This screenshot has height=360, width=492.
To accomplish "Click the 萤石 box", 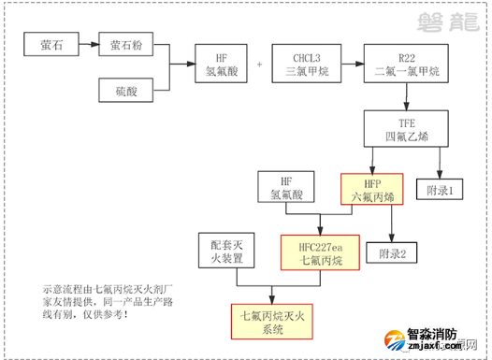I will coord(52,44).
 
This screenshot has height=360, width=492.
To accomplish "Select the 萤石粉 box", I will coord(127,44).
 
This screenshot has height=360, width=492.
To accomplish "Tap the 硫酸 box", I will coord(127,90).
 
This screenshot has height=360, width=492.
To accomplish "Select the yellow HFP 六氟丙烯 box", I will coord(370,188).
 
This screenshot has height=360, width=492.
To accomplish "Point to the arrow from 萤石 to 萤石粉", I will coord(87,44).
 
